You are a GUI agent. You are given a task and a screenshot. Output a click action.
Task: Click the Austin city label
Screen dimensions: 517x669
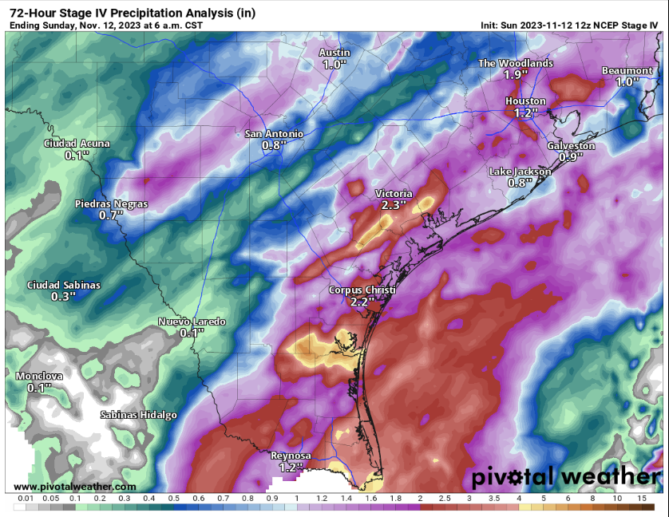(334, 53)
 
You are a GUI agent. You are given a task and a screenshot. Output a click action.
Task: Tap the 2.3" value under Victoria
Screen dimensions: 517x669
(393, 205)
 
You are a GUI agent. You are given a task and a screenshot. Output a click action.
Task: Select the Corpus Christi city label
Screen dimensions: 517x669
(362, 290)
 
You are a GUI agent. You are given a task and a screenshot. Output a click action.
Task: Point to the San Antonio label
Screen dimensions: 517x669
(274, 134)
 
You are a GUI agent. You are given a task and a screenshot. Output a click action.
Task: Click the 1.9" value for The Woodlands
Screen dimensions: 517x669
(516, 74)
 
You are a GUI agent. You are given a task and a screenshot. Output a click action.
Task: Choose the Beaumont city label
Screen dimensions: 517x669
(627, 71)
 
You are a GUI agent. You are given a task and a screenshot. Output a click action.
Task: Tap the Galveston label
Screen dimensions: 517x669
(571, 146)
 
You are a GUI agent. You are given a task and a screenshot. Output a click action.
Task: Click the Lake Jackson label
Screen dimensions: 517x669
(520, 172)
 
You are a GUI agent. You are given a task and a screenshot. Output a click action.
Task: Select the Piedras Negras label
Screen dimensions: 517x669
(111, 204)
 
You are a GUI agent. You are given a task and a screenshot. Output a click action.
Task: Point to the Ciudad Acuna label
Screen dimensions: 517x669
(77, 144)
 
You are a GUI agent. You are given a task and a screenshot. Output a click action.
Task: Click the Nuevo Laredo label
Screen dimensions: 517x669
(192, 322)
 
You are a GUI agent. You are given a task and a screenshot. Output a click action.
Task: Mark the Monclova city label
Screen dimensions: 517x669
(39, 376)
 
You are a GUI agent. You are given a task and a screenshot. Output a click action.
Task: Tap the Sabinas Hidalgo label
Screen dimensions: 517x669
(138, 415)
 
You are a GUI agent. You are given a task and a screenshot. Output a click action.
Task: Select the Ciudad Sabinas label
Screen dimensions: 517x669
(64, 285)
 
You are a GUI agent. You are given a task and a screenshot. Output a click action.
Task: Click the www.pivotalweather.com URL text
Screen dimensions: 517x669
(74, 487)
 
